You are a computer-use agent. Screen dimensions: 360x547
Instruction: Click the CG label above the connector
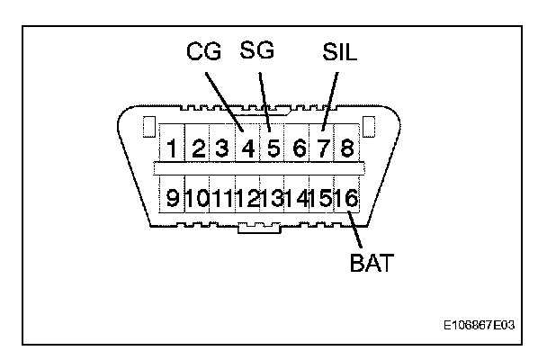[x=203, y=52]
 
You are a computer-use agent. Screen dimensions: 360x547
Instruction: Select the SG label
[x=257, y=51]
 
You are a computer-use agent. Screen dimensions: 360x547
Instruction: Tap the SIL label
[x=339, y=52]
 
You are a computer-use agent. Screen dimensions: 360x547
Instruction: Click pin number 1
[x=171, y=147]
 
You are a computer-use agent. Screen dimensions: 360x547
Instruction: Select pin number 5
[x=273, y=147]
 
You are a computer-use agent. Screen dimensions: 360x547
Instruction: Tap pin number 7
[x=323, y=147]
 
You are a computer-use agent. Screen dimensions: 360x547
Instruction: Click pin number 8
[x=346, y=147]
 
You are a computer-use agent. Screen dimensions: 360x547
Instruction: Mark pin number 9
[x=172, y=197]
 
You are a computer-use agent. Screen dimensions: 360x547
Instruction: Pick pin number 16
[x=345, y=197]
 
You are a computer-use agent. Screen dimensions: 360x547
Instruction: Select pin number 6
[x=299, y=147]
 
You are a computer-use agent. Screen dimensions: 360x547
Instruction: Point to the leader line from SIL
[x=330, y=94]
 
